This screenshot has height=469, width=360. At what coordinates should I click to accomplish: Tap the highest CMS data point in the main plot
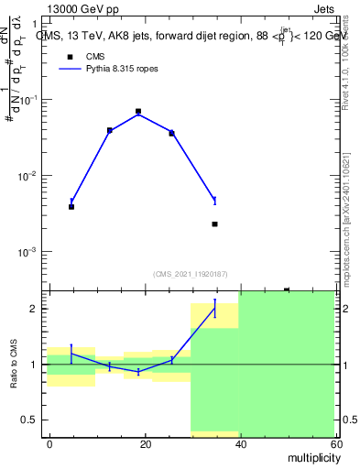(x=138, y=112)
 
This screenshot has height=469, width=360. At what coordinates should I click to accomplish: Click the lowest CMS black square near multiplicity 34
(x=214, y=224)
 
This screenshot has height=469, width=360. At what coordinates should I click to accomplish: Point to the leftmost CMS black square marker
(x=71, y=207)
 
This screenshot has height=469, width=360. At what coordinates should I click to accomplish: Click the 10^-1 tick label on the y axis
(x=29, y=100)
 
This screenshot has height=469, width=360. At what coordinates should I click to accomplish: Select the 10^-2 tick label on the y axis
(x=29, y=176)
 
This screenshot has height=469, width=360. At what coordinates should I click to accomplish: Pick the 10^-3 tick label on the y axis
(x=29, y=252)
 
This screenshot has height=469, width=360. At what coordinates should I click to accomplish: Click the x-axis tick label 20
(x=145, y=443)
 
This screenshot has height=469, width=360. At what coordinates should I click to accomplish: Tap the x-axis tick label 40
(x=240, y=443)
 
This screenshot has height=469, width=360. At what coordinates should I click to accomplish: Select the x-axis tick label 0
(x=49, y=443)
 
